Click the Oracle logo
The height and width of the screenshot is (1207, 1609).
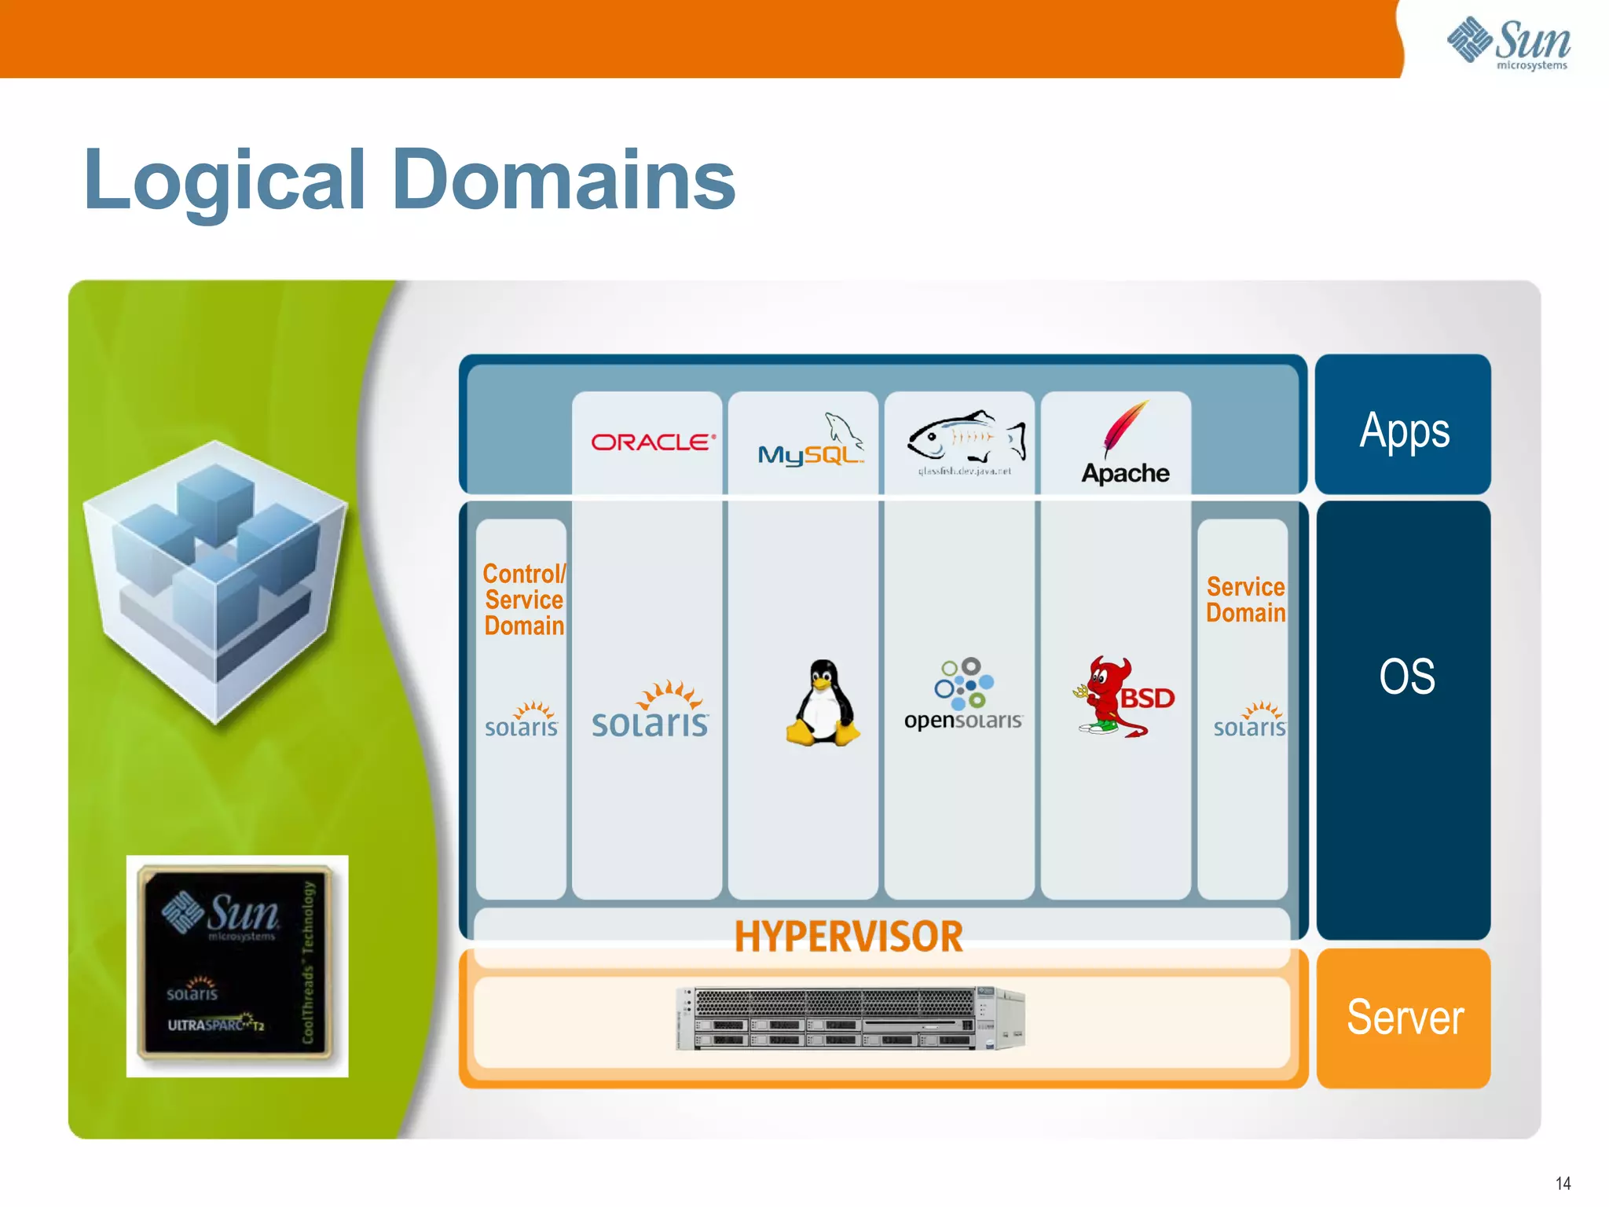[653, 442]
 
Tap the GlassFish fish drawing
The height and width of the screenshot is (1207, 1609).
[966, 437]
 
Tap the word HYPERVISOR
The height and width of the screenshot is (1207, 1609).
[848, 937]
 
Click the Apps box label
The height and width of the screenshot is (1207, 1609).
[1404, 431]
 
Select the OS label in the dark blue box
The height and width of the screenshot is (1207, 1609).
[1406, 677]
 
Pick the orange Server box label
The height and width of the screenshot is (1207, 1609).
[1404, 1017]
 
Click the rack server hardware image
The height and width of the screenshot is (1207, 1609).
[850, 1018]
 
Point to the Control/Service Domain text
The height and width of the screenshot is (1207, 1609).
[524, 600]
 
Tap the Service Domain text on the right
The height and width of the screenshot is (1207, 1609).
[1245, 600]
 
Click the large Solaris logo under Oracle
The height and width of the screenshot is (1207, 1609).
[650, 711]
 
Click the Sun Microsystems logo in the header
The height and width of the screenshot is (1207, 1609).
[1508, 43]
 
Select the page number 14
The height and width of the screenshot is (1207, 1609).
[1563, 1183]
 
